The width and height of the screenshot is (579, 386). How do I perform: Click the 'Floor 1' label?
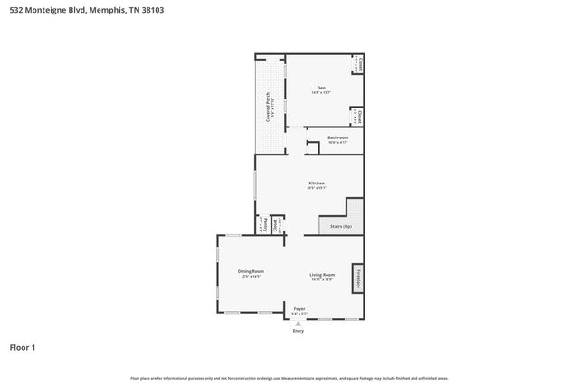click(23, 346)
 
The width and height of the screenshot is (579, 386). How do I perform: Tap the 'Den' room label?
click(320, 87)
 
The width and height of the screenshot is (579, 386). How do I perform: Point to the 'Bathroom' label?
click(337, 137)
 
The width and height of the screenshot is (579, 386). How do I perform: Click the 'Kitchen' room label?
click(316, 183)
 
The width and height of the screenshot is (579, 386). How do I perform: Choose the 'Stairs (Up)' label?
click(340, 226)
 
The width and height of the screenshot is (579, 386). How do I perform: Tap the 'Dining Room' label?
click(251, 271)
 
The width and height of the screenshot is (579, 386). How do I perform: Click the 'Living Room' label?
click(322, 275)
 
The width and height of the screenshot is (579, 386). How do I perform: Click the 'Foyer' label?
click(299, 308)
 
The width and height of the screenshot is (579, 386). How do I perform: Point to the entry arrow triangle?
click(299, 323)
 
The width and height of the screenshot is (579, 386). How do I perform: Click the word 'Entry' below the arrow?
click(299, 331)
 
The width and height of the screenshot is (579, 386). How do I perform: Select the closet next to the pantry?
click(279, 224)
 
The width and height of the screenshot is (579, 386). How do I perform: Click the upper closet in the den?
click(358, 64)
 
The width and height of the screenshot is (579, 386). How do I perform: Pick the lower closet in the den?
click(358, 117)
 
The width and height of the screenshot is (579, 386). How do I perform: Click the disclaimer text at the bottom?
click(289, 378)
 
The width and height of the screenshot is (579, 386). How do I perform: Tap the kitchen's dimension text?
click(316, 188)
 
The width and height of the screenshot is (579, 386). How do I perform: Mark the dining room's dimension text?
click(251, 277)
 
